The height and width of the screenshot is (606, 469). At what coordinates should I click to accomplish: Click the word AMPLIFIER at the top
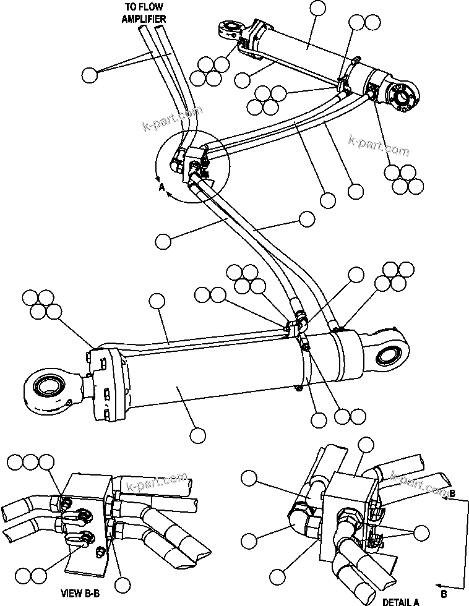click(x=144, y=19)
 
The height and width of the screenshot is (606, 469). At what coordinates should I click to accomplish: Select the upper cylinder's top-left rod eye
click(x=231, y=28)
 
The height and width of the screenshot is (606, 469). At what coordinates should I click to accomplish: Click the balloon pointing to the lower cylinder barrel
click(x=197, y=435)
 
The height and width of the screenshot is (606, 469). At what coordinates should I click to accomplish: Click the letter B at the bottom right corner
click(x=443, y=592)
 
